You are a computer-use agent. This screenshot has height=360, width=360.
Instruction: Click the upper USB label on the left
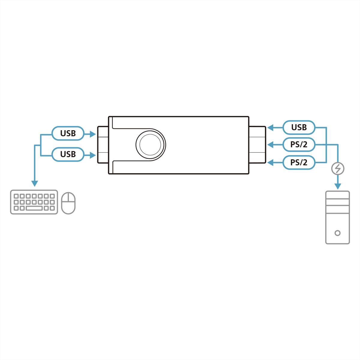[68, 133]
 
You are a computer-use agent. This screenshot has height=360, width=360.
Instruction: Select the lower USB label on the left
[68, 154]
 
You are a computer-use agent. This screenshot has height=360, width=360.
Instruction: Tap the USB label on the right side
[299, 127]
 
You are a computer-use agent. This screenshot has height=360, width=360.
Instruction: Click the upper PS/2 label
[299, 145]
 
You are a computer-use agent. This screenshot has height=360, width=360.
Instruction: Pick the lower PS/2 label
[299, 163]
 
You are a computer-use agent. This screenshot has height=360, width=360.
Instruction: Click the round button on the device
[150, 144]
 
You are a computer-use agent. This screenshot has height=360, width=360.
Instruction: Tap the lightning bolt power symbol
[338, 169]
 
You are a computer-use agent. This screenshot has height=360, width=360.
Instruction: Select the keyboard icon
[34, 202]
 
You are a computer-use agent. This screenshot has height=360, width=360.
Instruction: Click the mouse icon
[68, 203]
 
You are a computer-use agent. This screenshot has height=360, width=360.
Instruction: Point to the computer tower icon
[337, 217]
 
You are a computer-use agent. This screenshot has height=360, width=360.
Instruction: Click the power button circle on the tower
[337, 233]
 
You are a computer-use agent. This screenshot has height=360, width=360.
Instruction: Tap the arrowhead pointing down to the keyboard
[35, 184]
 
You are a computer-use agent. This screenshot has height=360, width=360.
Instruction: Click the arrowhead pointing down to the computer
[338, 186]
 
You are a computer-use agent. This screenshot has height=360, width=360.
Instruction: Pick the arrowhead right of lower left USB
[92, 155]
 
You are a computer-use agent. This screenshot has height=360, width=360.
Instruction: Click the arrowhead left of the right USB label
[270, 128]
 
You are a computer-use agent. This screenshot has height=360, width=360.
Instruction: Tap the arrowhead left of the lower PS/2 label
[270, 163]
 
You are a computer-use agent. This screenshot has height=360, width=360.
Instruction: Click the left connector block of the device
[103, 145]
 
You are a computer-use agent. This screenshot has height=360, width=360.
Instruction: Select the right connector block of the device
[257, 145]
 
